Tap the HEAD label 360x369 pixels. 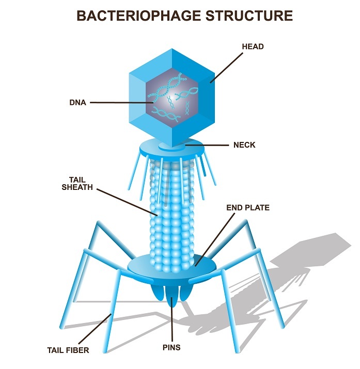pos(253,46)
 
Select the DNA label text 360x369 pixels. pos(77,103)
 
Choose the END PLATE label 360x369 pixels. pos(248,208)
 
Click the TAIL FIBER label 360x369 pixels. pos(68,350)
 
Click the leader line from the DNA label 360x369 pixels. pos(121,103)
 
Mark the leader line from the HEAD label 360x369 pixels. pos(225,67)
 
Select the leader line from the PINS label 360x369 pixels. pos(171,320)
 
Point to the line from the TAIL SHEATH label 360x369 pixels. pos(127,202)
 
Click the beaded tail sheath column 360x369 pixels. pos(173,217)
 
